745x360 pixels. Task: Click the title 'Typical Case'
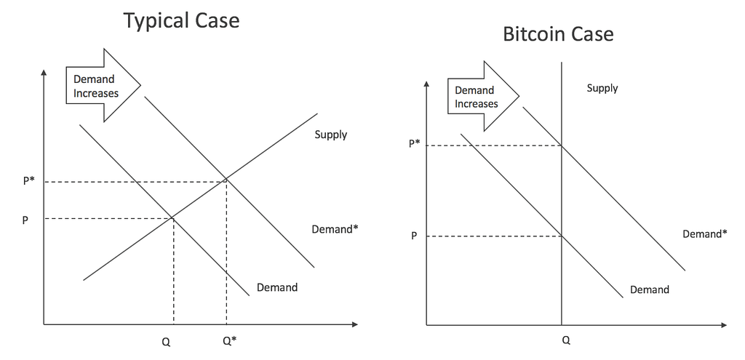coord(181,21)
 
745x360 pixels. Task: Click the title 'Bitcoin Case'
coord(558,34)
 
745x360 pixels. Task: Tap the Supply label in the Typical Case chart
coord(331,135)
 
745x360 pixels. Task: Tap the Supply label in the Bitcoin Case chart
coord(602,88)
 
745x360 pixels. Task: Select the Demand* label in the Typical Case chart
coord(335,229)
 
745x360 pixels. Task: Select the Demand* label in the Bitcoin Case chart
coord(704,233)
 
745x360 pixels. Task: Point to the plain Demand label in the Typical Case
coord(277,287)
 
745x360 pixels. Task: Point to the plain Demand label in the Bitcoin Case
coord(650,289)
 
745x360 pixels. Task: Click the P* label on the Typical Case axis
coord(29,181)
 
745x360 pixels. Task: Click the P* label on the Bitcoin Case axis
coord(414,143)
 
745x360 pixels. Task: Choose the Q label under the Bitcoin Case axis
coord(566,340)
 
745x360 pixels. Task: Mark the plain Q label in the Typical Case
coord(166,342)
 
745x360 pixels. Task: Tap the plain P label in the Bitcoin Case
coord(414,236)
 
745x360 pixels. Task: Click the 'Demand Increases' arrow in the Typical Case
coord(103,86)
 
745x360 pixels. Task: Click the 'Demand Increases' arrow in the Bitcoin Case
coord(483,96)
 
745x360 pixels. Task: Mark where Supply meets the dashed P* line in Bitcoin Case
coord(562,145)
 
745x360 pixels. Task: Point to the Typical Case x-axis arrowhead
coord(354,324)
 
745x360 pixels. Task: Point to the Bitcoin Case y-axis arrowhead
coord(426,84)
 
